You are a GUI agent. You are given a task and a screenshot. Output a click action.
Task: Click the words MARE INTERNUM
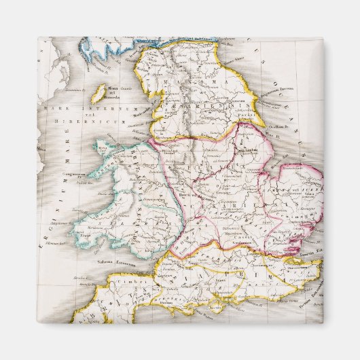(75, 108)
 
